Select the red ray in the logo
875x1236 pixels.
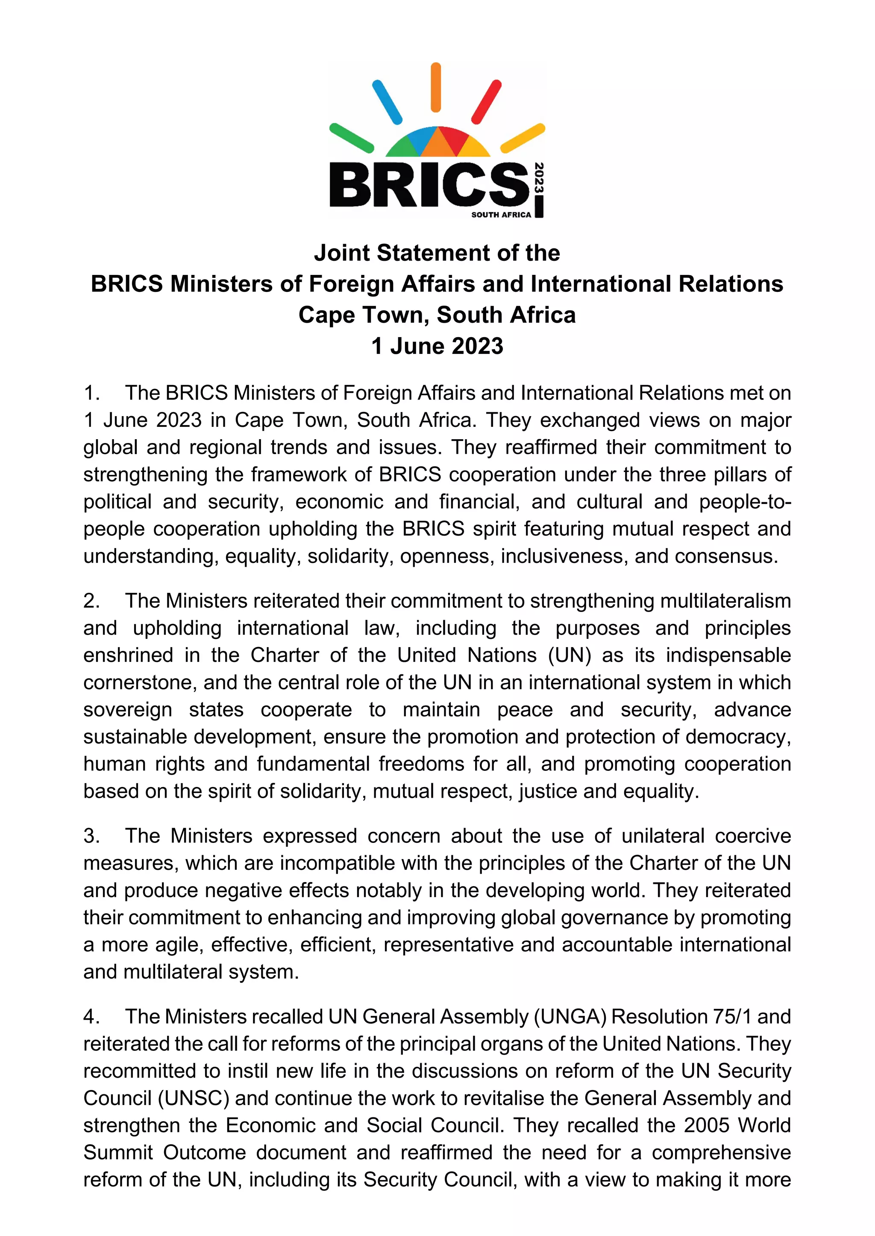(x=487, y=102)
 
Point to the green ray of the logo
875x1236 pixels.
(x=351, y=138)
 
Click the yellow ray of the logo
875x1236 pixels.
(x=523, y=138)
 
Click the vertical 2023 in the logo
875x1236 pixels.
(x=539, y=178)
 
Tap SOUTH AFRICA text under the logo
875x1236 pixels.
(x=501, y=215)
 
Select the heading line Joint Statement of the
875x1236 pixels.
(x=437, y=253)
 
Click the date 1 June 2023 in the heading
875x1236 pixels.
(x=437, y=346)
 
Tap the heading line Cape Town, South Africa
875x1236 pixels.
(x=437, y=315)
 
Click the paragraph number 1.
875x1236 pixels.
(x=91, y=394)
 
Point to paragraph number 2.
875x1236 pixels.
(x=91, y=601)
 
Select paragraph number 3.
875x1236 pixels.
(x=91, y=836)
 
